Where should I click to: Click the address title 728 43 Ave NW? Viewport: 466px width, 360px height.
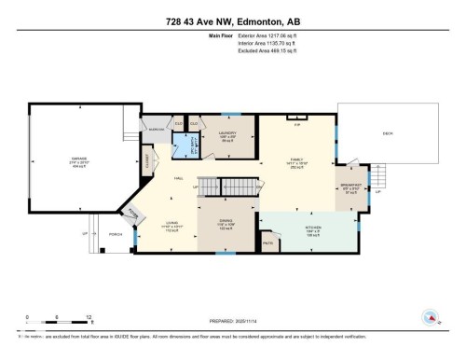pos(232,21)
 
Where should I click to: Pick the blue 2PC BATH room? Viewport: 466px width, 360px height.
pos(185,147)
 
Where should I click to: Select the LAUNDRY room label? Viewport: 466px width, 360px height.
pos(227,133)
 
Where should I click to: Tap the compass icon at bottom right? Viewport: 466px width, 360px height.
pos(430,320)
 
